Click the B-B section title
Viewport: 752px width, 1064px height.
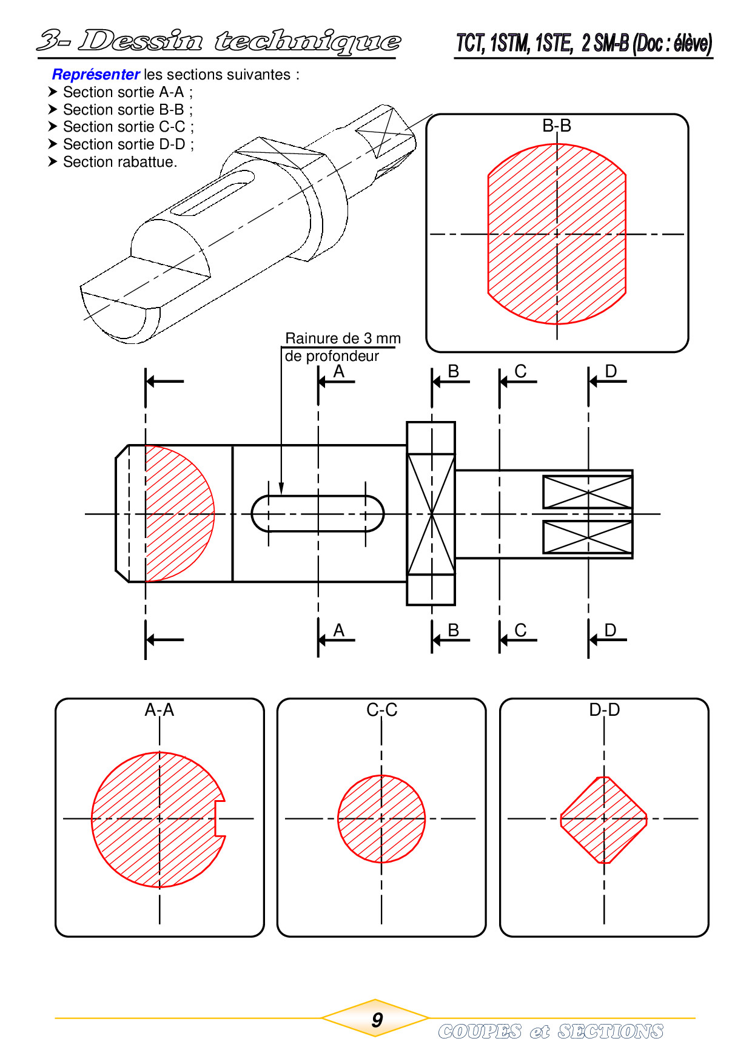(557, 126)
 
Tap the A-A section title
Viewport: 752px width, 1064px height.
(159, 710)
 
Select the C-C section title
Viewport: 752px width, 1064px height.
(382, 710)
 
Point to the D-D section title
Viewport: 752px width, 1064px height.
(605, 710)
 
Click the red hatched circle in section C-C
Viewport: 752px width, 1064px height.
(381, 819)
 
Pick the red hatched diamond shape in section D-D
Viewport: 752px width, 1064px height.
(604, 820)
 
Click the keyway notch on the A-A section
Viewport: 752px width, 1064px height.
(220, 819)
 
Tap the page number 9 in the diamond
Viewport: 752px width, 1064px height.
(377, 1020)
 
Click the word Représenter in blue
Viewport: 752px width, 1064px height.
(96, 75)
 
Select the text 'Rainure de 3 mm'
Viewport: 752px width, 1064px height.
(343, 338)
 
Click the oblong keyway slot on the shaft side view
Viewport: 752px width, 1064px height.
(318, 514)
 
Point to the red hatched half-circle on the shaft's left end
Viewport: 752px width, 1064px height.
(180, 514)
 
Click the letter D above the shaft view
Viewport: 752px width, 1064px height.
(611, 371)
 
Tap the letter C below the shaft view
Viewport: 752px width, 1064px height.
(520, 630)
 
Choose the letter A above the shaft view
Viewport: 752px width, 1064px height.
(338, 371)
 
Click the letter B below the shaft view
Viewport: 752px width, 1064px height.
(453, 630)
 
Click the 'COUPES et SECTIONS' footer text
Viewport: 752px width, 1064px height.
(551, 1031)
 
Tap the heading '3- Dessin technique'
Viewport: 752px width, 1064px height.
(218, 41)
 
